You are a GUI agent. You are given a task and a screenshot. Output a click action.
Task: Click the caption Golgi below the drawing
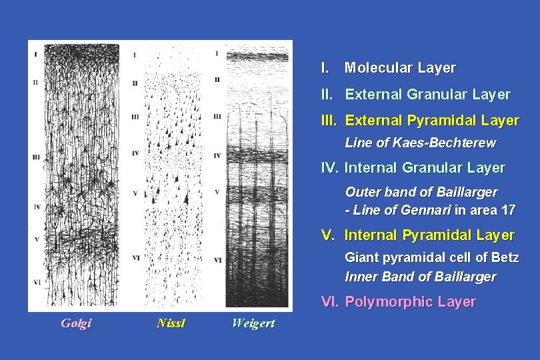pyautogui.click(x=76, y=324)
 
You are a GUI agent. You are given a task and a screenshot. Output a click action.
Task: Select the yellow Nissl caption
pyautogui.click(x=171, y=324)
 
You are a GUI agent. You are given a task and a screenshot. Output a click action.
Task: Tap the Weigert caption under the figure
pyautogui.click(x=253, y=324)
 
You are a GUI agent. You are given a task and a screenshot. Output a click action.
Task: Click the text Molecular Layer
pyautogui.click(x=399, y=68)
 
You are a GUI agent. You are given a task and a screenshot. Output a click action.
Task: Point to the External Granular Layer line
pyautogui.click(x=427, y=95)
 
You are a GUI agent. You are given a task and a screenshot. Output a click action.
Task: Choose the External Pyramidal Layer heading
pyautogui.click(x=431, y=121)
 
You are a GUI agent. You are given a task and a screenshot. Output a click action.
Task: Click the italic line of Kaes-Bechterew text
pyautogui.click(x=420, y=143)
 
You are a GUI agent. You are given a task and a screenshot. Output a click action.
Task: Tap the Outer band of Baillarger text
pyautogui.click(x=421, y=192)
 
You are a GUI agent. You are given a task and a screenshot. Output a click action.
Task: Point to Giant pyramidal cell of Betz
pyautogui.click(x=431, y=257)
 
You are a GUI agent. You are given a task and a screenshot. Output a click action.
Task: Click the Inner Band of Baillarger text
pyautogui.click(x=420, y=277)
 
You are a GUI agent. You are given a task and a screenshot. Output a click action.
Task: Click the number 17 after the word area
pyautogui.click(x=508, y=211)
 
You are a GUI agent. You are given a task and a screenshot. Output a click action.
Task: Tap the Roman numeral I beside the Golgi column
pyautogui.click(x=35, y=52)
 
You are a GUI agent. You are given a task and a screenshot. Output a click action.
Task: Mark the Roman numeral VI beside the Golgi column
pyautogui.click(x=36, y=283)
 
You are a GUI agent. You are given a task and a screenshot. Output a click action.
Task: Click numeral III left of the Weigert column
pyautogui.click(x=217, y=117)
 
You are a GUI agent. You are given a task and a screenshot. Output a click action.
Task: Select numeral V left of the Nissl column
pyautogui.click(x=135, y=193)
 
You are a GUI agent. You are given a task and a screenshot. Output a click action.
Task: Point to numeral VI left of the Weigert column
pyautogui.click(x=218, y=260)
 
